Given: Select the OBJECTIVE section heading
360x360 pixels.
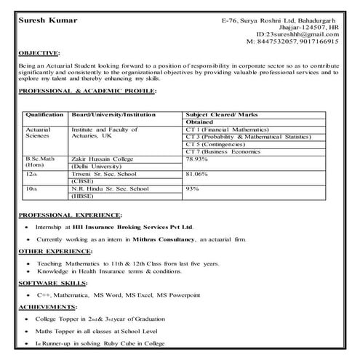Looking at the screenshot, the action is [40, 53].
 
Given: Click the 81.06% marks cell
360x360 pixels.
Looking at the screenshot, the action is [198, 175].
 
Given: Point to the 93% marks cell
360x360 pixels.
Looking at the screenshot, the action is [193, 189].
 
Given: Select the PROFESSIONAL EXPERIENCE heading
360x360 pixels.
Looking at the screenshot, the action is [70, 216].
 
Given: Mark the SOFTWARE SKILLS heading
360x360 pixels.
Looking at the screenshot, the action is [53, 281].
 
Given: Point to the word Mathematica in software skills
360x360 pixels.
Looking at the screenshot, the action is [75, 296].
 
